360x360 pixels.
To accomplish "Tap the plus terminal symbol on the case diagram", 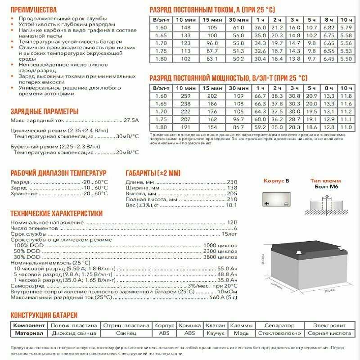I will tap(267, 203).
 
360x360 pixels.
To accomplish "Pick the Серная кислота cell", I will tap(329, 333).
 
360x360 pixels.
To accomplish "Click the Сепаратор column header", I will tap(279, 325).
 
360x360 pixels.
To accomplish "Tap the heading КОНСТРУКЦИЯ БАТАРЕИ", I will tap(44, 315).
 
